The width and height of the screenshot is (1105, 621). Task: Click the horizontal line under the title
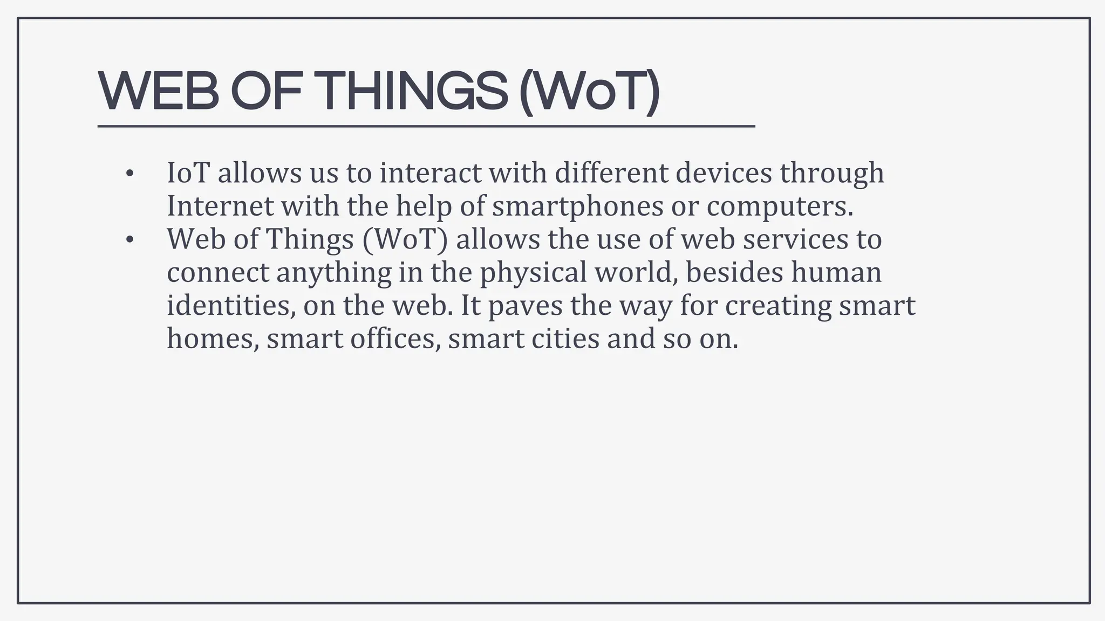pyautogui.click(x=426, y=126)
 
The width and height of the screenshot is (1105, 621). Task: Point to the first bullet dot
pyautogui.click(x=128, y=174)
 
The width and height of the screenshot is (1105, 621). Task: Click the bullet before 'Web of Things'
pyautogui.click(x=128, y=240)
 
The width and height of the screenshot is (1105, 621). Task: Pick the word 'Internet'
pyautogui.click(x=220, y=206)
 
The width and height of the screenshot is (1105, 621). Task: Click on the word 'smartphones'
pyautogui.click(x=577, y=207)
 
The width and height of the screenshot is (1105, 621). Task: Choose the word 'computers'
pyautogui.click(x=780, y=207)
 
